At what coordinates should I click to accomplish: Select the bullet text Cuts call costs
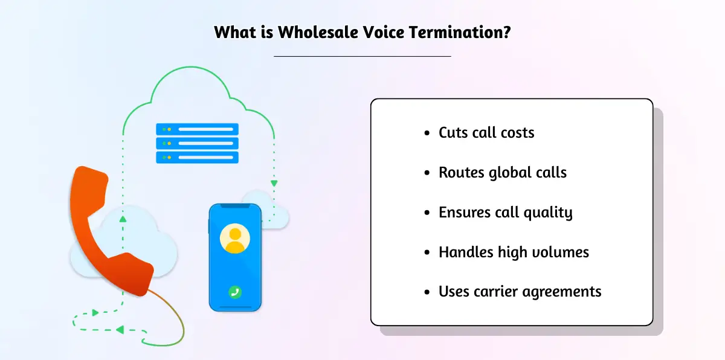(486, 133)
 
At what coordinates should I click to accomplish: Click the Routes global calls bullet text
(503, 173)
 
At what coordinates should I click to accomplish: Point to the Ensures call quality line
(505, 213)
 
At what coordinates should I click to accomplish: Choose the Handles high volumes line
(514, 252)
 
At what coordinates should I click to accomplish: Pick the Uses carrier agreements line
(520, 292)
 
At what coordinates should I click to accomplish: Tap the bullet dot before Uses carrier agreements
(428, 292)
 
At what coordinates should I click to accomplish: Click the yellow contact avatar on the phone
(235, 239)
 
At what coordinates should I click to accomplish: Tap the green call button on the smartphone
(235, 292)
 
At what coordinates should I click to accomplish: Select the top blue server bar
(197, 129)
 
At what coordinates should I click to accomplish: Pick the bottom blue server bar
(197, 158)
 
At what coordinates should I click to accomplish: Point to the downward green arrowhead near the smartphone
(274, 182)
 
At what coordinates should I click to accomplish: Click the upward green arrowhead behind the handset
(123, 219)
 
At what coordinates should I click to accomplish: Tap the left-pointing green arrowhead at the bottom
(120, 330)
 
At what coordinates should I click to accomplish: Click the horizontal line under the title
(362, 56)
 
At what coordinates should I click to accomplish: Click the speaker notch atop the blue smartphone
(235, 207)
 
